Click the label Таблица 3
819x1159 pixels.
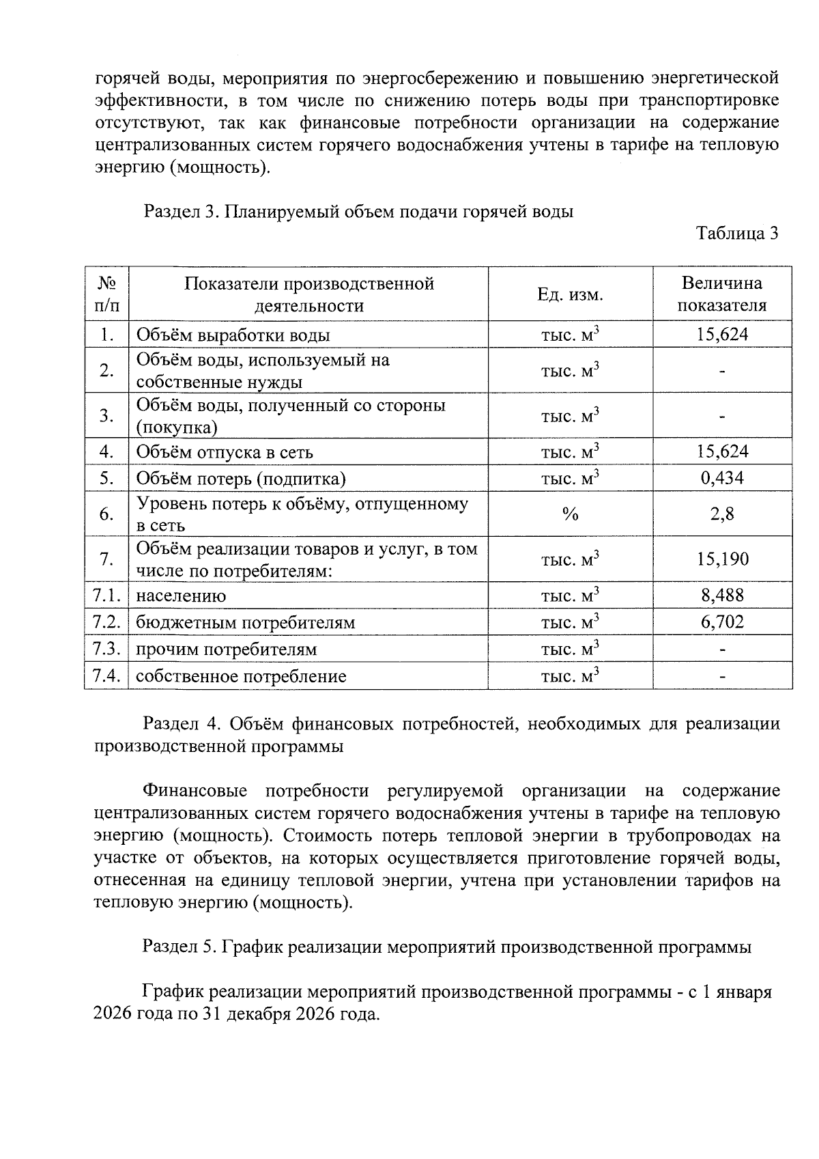tap(736, 234)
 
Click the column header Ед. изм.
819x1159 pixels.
tap(570, 294)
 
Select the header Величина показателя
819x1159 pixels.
tap(721, 294)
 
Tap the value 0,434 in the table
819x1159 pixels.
tap(722, 478)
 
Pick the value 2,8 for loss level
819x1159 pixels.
tap(722, 514)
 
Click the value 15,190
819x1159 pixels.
tap(722, 559)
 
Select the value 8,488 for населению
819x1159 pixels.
tap(722, 596)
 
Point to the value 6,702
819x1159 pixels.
tap(722, 622)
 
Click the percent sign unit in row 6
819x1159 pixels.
tap(570, 514)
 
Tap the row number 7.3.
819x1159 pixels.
tap(106, 649)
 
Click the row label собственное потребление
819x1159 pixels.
tap(241, 676)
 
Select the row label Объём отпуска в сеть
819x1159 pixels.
tap(225, 452)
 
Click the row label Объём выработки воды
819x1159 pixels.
tap(233, 335)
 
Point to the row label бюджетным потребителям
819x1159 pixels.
tap(246, 622)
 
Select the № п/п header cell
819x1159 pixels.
tap(106, 294)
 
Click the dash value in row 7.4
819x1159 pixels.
tap(722, 676)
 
